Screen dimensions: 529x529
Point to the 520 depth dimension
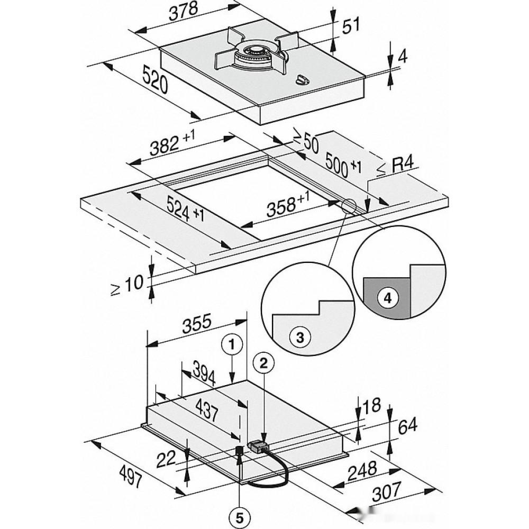[x=155, y=80]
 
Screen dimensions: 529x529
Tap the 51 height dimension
[x=351, y=26]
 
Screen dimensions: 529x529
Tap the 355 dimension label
[x=197, y=323]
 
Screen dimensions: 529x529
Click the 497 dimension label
[x=131, y=476]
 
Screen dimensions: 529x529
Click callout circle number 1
[x=232, y=345]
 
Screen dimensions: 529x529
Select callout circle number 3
[x=299, y=337]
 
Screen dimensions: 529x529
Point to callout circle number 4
[x=388, y=298]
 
